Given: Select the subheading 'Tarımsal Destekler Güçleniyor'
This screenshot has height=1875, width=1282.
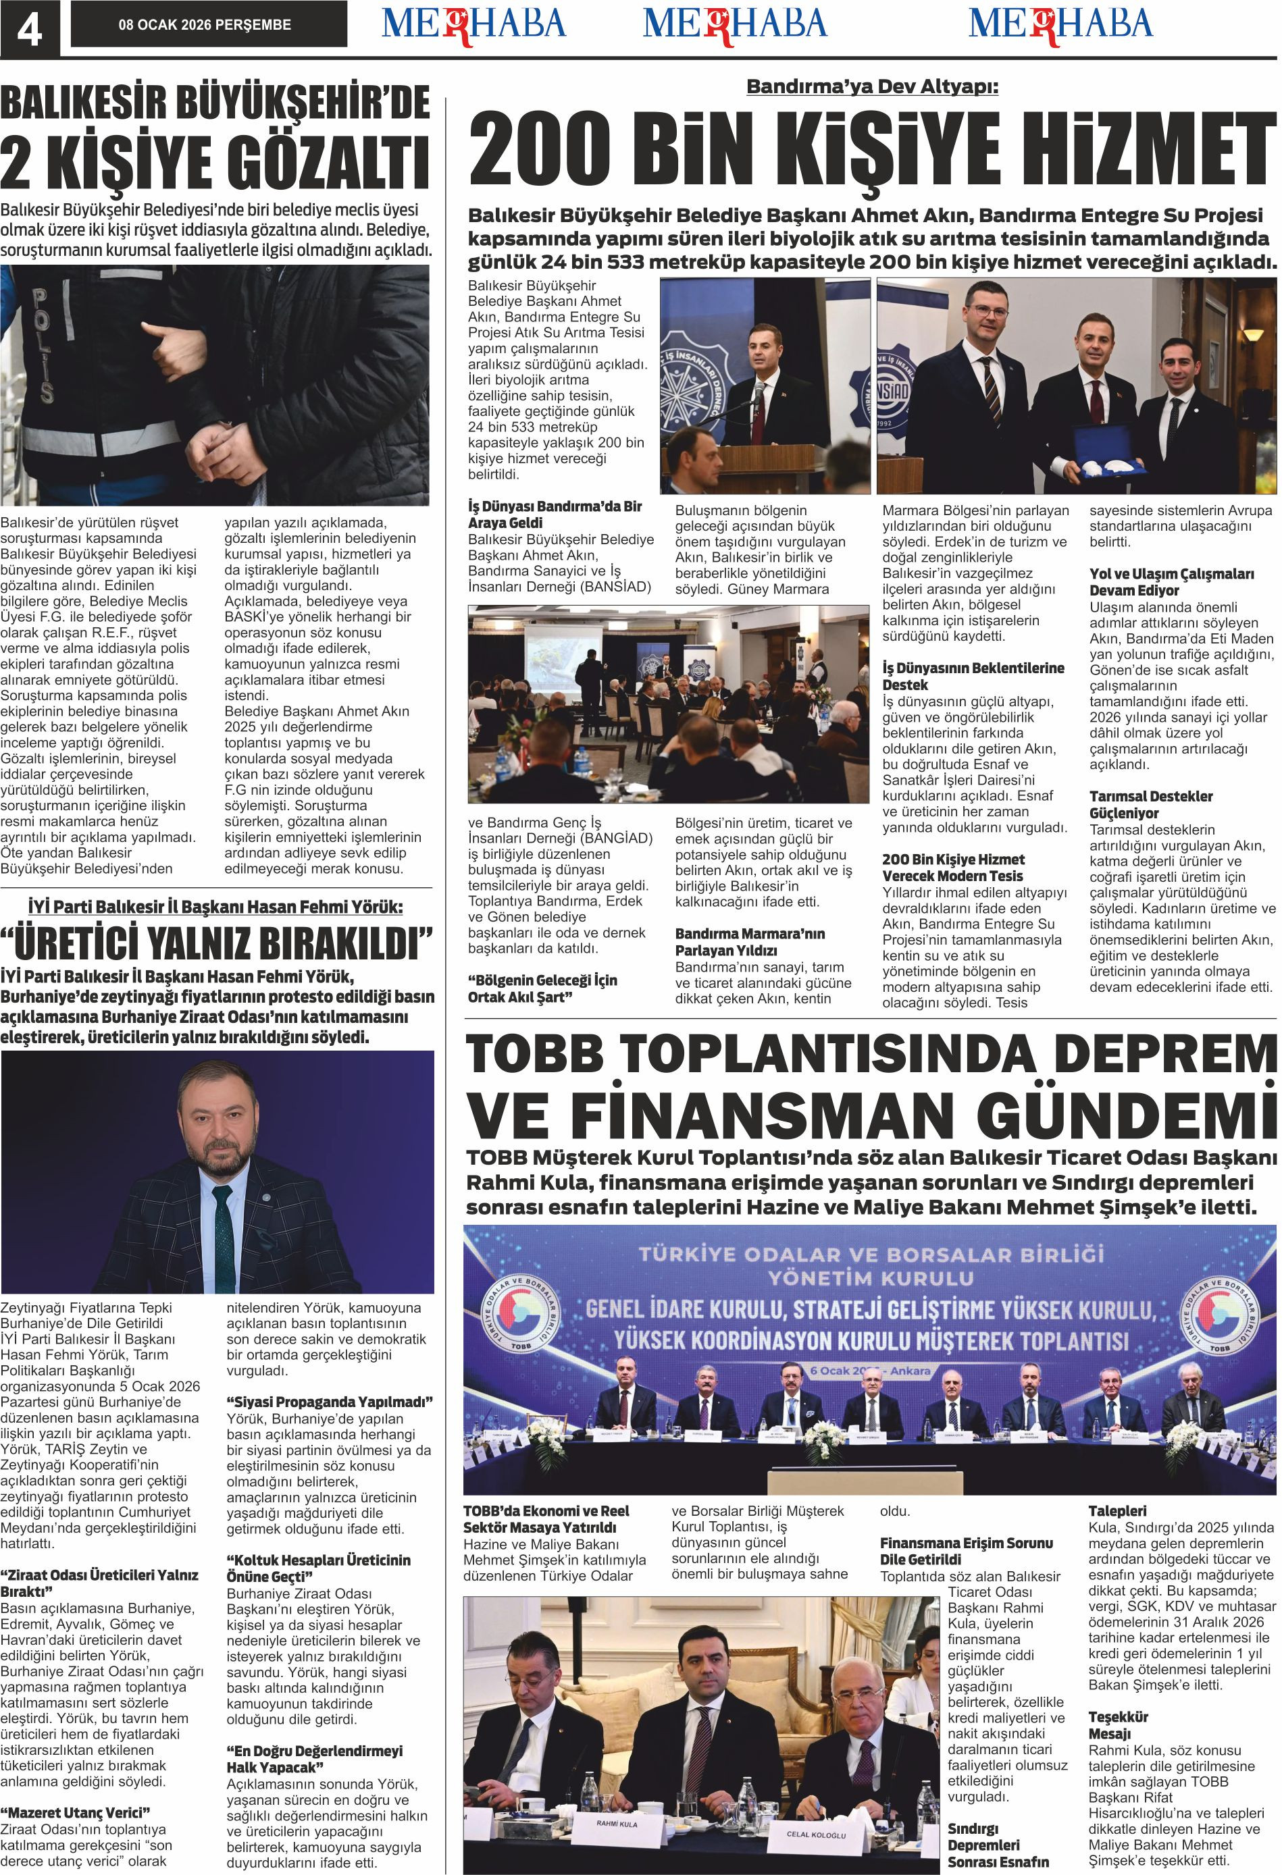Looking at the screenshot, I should [x=1150, y=804].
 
